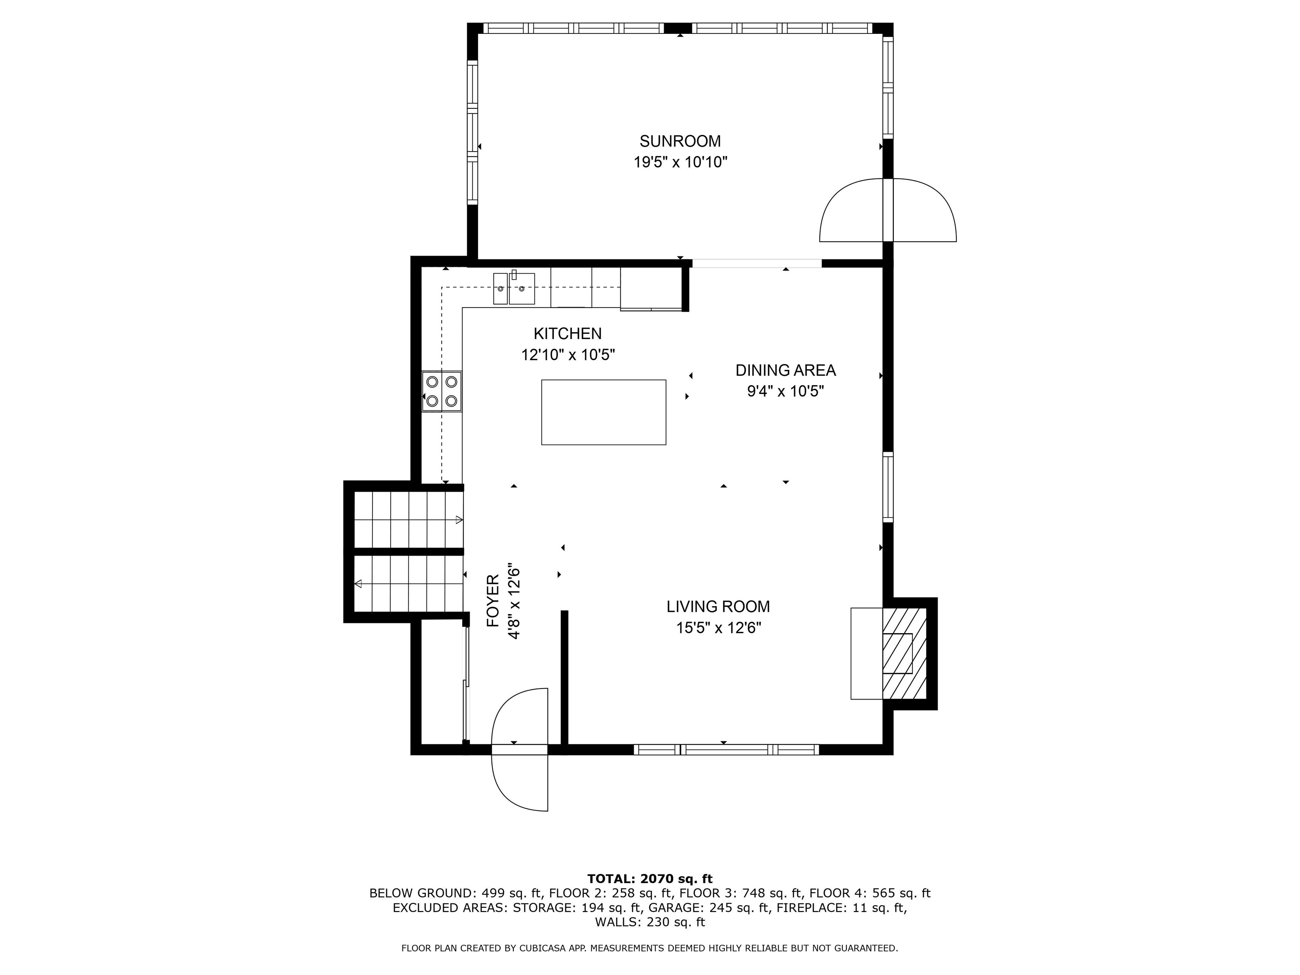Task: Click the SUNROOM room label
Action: (680, 141)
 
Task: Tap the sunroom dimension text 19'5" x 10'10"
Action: (680, 162)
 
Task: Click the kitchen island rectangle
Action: (603, 412)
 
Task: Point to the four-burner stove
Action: (442, 391)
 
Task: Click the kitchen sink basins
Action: (514, 289)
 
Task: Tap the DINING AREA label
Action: (785, 370)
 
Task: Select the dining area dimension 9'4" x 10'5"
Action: (785, 391)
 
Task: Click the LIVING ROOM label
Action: (718, 606)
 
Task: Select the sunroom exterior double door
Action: (887, 210)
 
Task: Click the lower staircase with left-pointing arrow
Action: (408, 584)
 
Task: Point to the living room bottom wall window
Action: (726, 749)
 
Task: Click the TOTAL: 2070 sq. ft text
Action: (650, 879)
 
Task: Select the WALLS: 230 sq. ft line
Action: (650, 922)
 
